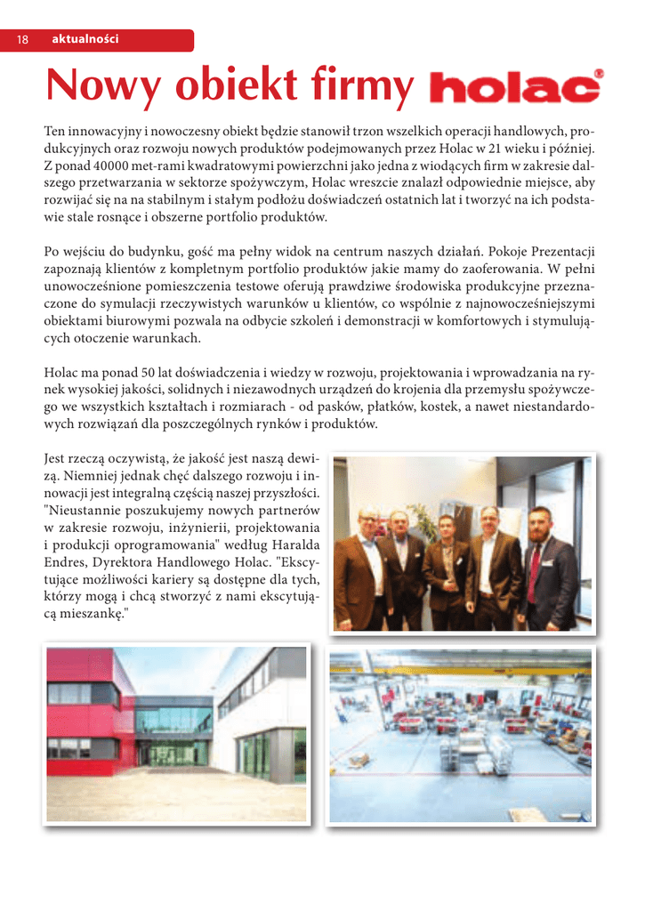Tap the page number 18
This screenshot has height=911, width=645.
(x=22, y=40)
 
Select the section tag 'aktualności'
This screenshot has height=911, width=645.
(x=85, y=40)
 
